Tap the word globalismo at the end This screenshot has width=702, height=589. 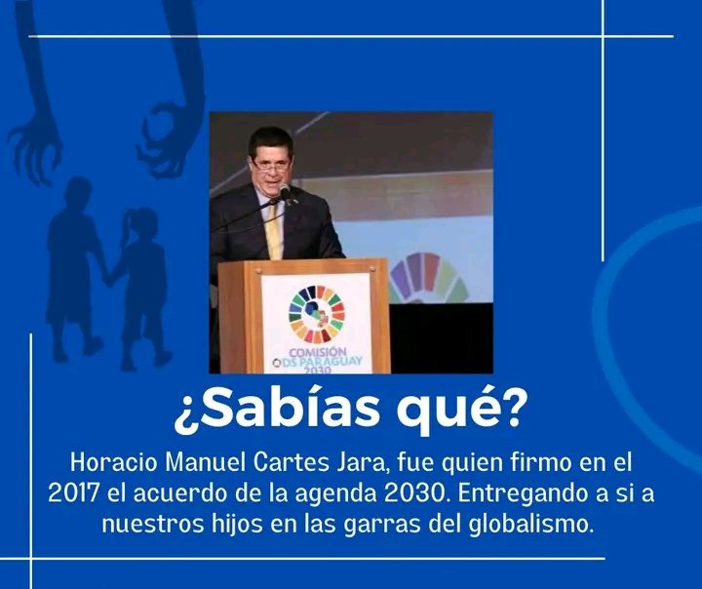(538, 523)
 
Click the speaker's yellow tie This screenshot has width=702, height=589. (275, 230)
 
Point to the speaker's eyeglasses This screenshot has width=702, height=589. (271, 167)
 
